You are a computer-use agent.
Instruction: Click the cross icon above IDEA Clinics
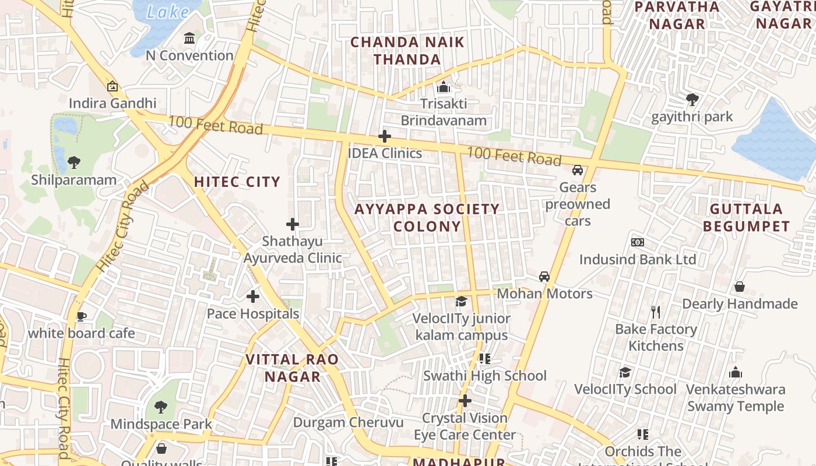click(385, 137)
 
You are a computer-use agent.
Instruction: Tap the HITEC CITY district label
click(237, 182)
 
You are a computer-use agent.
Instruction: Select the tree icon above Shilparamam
click(73, 163)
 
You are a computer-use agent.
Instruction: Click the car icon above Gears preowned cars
click(578, 170)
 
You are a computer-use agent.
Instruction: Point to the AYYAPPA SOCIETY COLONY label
click(427, 217)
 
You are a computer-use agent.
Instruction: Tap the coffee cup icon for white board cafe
click(81, 316)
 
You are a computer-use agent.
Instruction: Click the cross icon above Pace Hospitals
click(253, 296)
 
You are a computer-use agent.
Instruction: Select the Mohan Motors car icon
click(544, 277)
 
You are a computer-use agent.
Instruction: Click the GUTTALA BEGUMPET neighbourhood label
click(746, 217)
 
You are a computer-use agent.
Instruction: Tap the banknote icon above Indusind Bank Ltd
click(638, 242)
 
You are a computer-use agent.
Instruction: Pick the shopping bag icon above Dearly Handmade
click(740, 287)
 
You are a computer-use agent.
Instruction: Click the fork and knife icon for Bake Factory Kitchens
click(656, 312)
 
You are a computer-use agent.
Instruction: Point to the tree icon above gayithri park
click(692, 100)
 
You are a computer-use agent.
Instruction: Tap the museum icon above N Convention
click(189, 38)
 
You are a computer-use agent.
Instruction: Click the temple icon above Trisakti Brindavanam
click(444, 87)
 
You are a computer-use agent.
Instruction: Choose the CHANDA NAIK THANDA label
click(407, 51)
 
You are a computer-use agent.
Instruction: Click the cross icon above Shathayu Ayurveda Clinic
click(293, 224)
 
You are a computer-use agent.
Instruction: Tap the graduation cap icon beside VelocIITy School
click(625, 372)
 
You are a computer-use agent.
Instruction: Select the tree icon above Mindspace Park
click(161, 407)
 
